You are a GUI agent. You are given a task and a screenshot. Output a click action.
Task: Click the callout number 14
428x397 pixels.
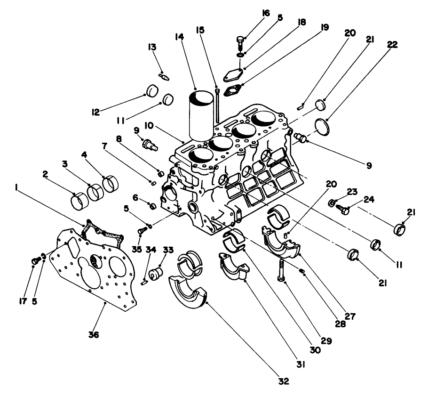click(179, 36)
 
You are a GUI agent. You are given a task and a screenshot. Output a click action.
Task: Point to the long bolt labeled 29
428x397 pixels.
click(281, 270)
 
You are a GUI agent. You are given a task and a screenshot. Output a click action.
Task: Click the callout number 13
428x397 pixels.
click(152, 48)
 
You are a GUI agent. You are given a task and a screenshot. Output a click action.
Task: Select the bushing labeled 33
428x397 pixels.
click(156, 273)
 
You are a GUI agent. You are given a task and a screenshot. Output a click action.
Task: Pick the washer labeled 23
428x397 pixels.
click(332, 203)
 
